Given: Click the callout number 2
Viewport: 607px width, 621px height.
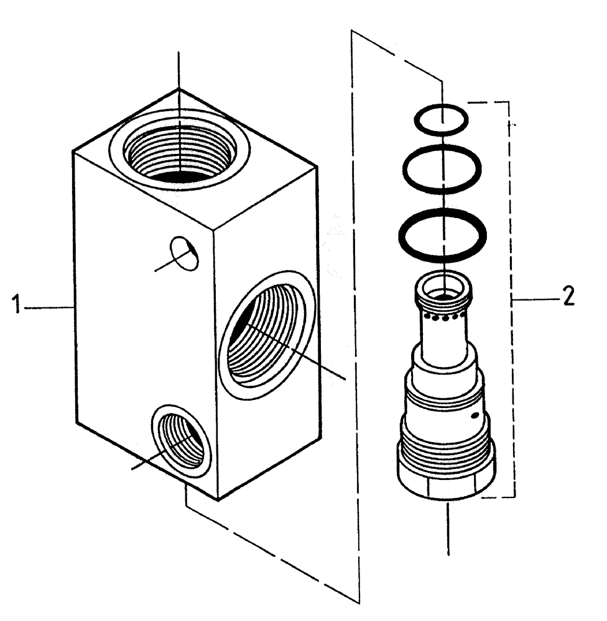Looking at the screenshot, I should point(567,299).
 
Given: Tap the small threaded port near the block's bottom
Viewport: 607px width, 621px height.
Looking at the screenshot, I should point(181,440).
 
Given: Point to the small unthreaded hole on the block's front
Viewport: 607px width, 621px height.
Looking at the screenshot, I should point(184,253).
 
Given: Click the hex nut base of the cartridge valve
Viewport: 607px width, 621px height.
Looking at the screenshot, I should point(444,481).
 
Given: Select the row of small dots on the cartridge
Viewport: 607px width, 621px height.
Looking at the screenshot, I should point(443,318).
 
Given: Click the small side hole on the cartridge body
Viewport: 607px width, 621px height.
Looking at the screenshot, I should point(475,416).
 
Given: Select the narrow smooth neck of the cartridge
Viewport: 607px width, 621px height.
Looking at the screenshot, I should point(443,342).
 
